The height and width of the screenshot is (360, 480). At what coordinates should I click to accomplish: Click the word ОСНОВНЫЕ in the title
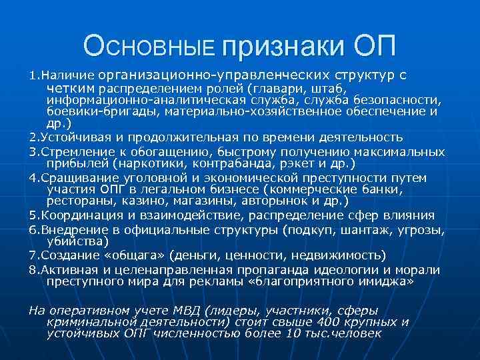[150, 46]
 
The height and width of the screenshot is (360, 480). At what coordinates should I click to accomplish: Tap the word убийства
[73, 241]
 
